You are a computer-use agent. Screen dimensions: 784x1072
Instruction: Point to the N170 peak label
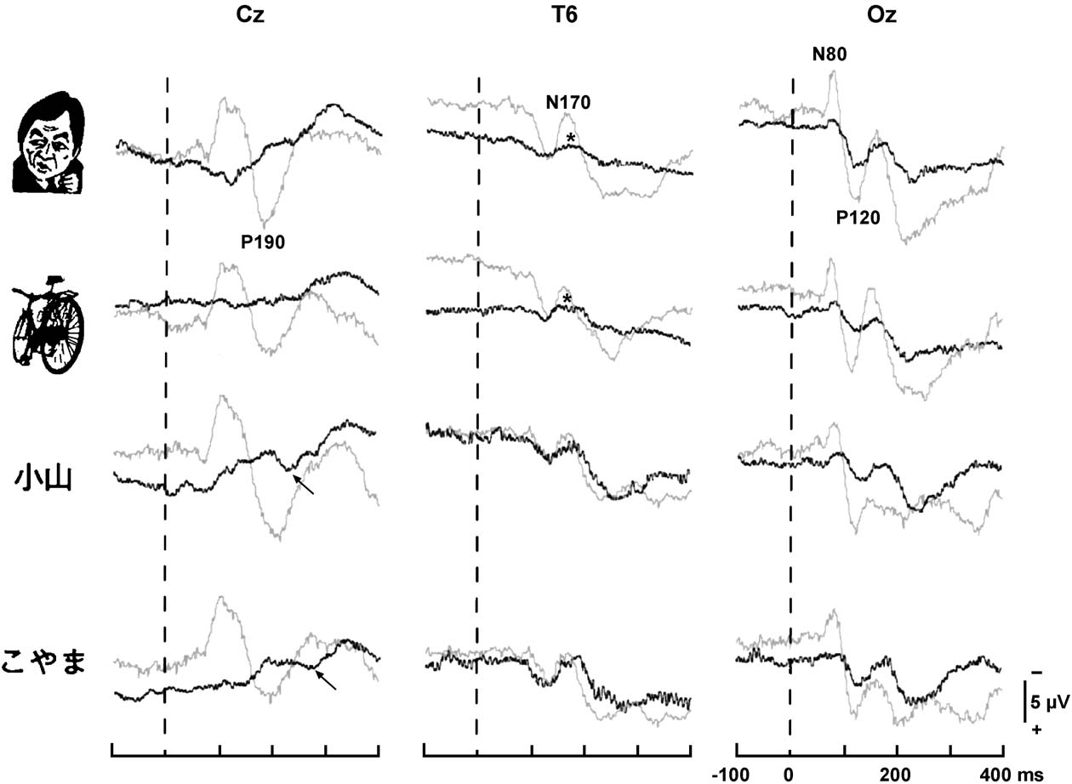pos(568,103)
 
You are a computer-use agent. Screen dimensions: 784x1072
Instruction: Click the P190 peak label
pos(262,242)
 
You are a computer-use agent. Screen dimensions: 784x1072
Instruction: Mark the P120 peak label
pos(858,218)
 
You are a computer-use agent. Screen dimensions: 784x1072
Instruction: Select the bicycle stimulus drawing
pos(50,325)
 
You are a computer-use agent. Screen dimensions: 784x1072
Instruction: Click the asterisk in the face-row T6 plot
pos(573,139)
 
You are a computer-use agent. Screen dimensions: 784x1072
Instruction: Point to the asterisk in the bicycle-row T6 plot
pos(567,298)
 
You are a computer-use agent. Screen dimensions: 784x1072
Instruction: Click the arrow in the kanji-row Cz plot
pos(303,485)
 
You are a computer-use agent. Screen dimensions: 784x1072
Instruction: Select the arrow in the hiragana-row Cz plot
pos(326,679)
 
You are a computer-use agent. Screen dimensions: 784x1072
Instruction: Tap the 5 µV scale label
pos(1048,702)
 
